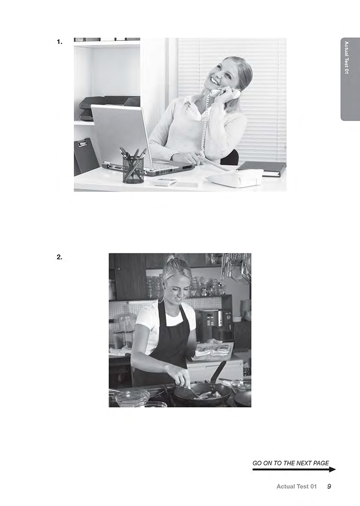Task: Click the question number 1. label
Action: [x=59, y=42]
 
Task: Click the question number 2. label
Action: [x=59, y=257]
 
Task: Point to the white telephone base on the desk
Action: [x=235, y=177]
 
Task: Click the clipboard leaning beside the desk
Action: [x=86, y=156]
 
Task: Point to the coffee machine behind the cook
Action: [x=214, y=324]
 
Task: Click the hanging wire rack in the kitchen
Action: [x=236, y=268]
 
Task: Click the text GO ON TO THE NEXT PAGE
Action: [x=291, y=463]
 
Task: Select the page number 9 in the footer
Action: [x=329, y=486]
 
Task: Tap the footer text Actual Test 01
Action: [x=297, y=486]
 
